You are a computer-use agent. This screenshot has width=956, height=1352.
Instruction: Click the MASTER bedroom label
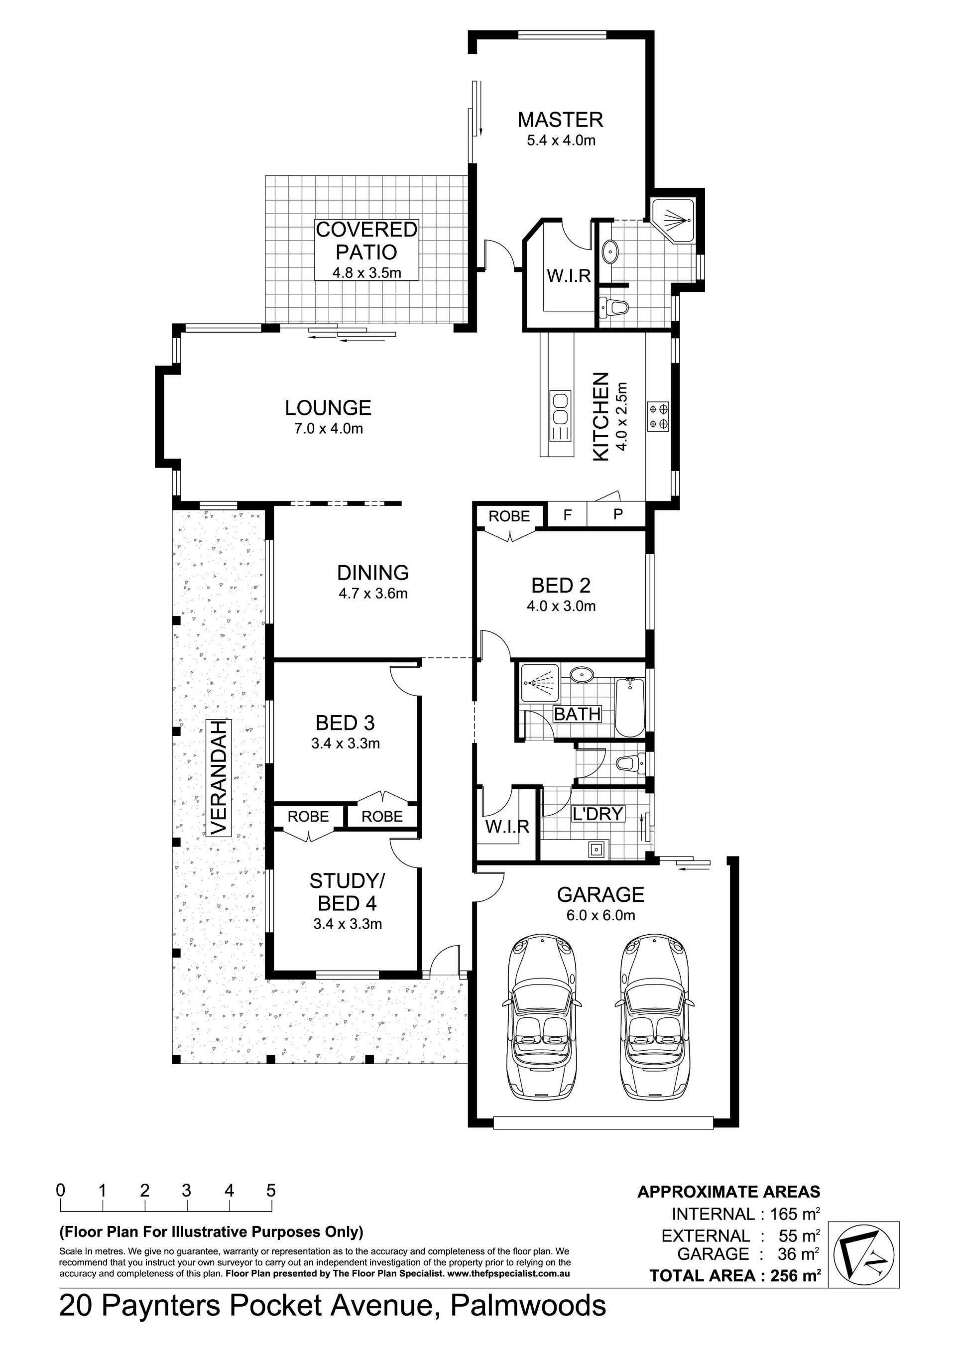(561, 120)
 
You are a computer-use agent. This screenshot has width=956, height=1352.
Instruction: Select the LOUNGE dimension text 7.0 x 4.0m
(329, 429)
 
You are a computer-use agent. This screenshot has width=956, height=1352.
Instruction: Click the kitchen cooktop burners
(658, 415)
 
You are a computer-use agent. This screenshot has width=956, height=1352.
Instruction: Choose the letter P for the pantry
(618, 514)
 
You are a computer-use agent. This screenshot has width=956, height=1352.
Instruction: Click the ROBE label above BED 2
(509, 516)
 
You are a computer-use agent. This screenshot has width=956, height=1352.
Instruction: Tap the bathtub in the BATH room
(630, 707)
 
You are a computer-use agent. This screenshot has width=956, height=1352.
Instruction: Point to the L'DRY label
(598, 814)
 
